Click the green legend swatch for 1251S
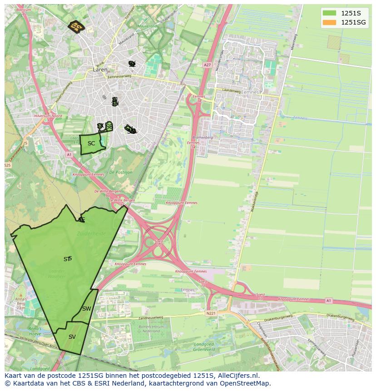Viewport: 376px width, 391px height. (330, 13)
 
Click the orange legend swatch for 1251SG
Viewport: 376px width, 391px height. (330, 22)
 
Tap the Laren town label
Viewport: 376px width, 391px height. (100, 70)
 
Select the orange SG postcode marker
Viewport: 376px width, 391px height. (76, 27)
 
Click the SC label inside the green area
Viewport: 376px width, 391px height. (91, 144)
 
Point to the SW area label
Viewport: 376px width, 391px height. (86, 309)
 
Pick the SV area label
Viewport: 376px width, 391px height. (72, 337)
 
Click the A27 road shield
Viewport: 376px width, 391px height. (208, 65)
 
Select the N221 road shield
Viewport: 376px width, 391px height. (210, 313)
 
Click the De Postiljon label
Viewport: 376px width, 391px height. (120, 173)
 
